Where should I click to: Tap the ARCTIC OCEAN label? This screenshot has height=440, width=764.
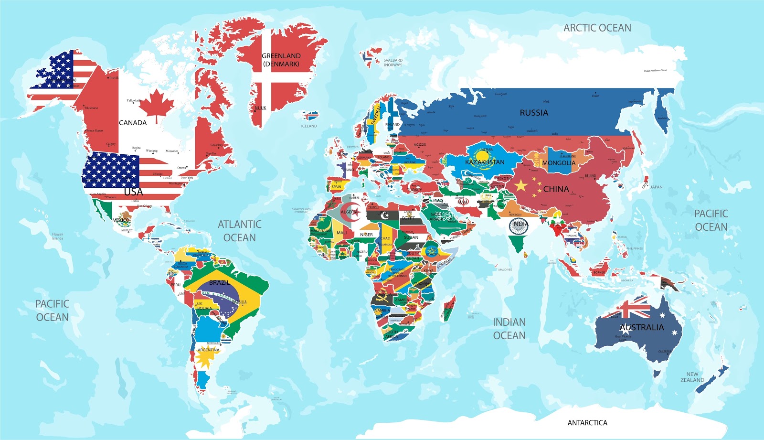(x=597, y=28)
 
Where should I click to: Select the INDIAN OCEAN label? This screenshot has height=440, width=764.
(x=509, y=329)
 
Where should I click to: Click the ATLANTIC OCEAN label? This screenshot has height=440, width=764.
(x=239, y=231)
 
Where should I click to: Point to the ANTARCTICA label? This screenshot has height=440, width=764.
(x=587, y=423)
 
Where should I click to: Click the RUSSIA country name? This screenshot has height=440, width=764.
(x=534, y=113)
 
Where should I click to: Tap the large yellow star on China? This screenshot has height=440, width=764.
(x=520, y=185)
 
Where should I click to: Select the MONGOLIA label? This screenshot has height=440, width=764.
(x=559, y=163)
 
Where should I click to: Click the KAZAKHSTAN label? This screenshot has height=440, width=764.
(x=485, y=162)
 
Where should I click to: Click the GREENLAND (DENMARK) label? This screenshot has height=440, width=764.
(x=281, y=60)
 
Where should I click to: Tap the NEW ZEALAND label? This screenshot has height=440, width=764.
(x=692, y=377)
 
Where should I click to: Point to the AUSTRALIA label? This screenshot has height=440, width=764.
(x=642, y=327)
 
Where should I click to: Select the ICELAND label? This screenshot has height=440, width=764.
(x=309, y=126)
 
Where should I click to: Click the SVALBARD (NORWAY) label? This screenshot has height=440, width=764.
(x=393, y=63)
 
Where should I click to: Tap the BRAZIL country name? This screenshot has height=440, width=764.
(x=219, y=283)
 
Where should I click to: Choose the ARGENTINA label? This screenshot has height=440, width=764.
(x=209, y=350)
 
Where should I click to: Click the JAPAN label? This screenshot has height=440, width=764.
(x=656, y=187)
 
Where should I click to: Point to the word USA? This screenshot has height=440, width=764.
(x=133, y=192)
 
